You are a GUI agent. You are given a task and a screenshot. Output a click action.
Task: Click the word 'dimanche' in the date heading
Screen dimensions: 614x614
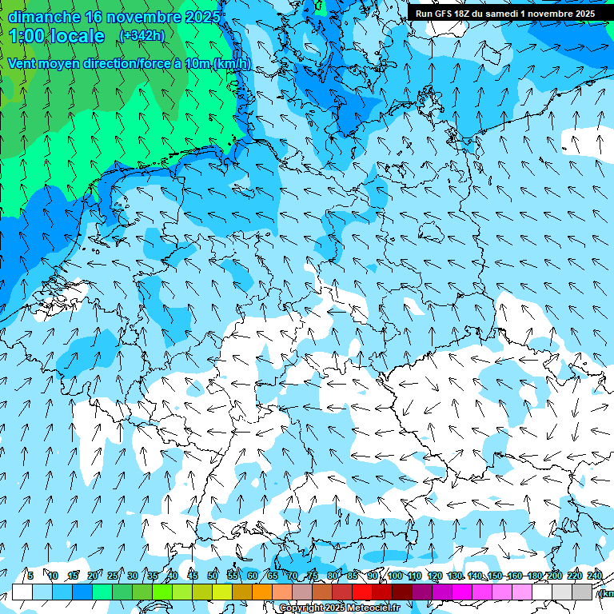click(44, 17)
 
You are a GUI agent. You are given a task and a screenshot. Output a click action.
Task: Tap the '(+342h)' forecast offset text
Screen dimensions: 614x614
click(142, 35)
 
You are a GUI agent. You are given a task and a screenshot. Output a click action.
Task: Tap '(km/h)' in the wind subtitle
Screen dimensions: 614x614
click(230, 63)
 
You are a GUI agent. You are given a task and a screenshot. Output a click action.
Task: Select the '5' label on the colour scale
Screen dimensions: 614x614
click(30, 576)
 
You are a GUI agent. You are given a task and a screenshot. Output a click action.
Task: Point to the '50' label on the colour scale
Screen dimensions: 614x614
click(212, 576)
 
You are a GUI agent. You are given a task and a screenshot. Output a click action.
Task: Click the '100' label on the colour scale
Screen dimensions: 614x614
click(394, 576)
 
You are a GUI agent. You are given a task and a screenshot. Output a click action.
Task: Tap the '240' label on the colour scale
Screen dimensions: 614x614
click(595, 576)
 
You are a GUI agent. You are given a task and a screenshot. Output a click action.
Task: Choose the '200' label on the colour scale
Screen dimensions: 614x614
click(554, 576)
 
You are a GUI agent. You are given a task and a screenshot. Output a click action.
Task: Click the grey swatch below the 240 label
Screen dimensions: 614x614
click(582, 592)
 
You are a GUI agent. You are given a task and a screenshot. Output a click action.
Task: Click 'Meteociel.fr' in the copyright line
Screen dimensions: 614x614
click(374, 608)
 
